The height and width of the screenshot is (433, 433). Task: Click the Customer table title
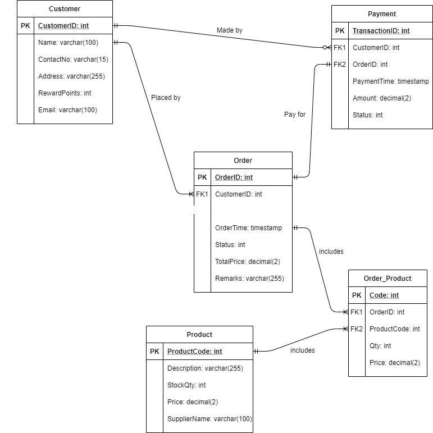click(65, 9)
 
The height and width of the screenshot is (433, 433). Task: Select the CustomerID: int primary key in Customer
click(63, 26)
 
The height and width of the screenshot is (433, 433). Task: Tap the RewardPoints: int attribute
click(65, 93)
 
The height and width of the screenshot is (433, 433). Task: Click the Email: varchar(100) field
click(67, 110)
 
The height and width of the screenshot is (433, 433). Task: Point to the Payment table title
click(381, 14)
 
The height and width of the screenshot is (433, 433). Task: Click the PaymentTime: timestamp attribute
click(390, 81)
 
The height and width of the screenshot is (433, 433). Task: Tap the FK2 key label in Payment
click(340, 65)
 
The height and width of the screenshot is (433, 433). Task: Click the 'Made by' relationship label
click(230, 30)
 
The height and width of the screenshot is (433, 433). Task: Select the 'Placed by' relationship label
click(166, 98)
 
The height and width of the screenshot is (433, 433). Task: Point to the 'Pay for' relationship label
click(295, 115)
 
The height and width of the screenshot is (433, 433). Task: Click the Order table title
click(243, 161)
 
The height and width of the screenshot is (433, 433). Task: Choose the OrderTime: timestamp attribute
click(248, 228)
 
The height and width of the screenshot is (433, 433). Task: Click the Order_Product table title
click(388, 279)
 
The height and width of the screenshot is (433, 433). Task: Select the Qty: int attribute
click(380, 346)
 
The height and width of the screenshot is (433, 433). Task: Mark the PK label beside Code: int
click(357, 295)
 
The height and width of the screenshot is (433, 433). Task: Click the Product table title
click(199, 335)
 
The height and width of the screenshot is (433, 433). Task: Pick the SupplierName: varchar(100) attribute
click(209, 419)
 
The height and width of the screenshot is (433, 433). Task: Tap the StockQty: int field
click(186, 385)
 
